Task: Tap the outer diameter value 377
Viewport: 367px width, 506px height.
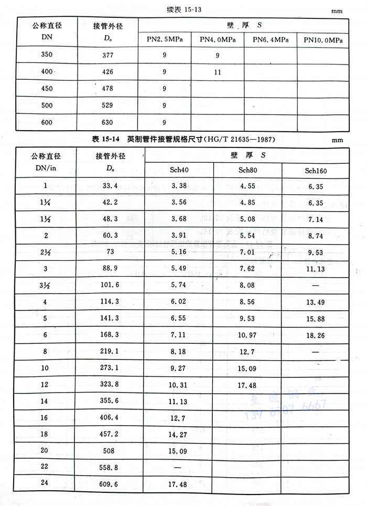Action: [x=107, y=55]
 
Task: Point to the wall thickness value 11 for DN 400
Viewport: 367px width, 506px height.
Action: [x=218, y=72]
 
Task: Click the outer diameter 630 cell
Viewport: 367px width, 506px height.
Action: [x=107, y=123]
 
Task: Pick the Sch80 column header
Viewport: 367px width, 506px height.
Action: [x=247, y=171]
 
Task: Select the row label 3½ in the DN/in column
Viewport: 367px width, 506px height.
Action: [x=46, y=285]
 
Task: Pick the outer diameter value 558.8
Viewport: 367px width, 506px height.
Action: [x=110, y=468]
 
